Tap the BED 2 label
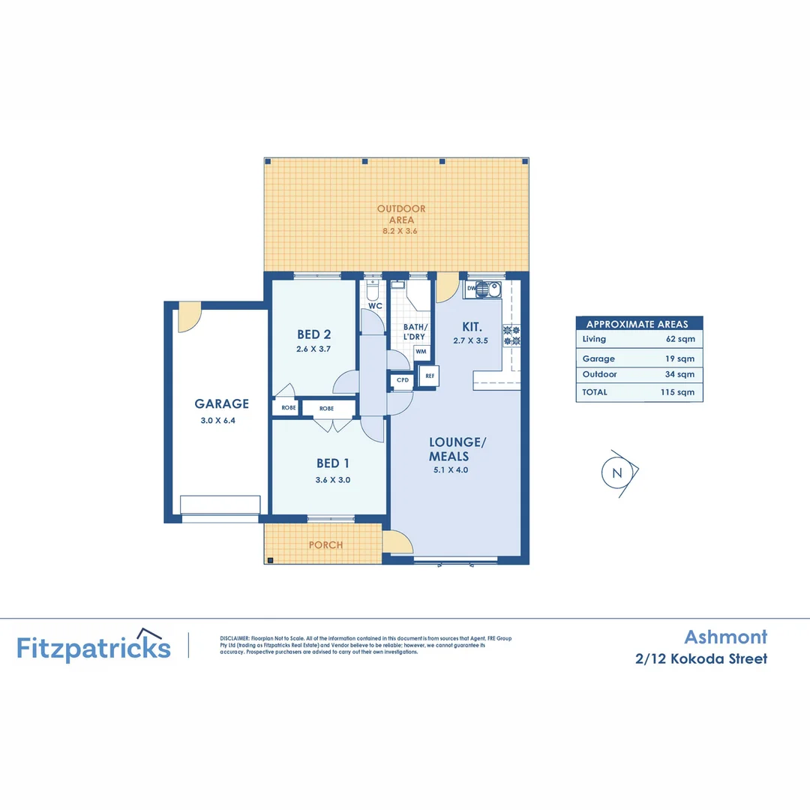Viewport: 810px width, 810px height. [313, 334]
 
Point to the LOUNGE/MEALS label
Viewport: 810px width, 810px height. [458, 449]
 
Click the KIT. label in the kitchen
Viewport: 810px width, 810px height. [471, 327]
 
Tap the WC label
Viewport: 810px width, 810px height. [376, 306]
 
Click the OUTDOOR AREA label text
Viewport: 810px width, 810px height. [401, 214]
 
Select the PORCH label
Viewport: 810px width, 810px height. [325, 545]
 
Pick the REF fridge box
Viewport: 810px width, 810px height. [429, 376]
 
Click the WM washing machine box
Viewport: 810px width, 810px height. [421, 351]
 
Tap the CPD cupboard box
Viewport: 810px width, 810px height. [403, 380]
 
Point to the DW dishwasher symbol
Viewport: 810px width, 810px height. [471, 288]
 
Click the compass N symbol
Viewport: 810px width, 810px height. [617, 472]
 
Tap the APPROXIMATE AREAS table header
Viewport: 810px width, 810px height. [639, 324]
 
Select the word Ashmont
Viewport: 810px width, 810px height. [725, 637]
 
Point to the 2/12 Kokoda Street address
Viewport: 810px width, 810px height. [700, 659]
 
